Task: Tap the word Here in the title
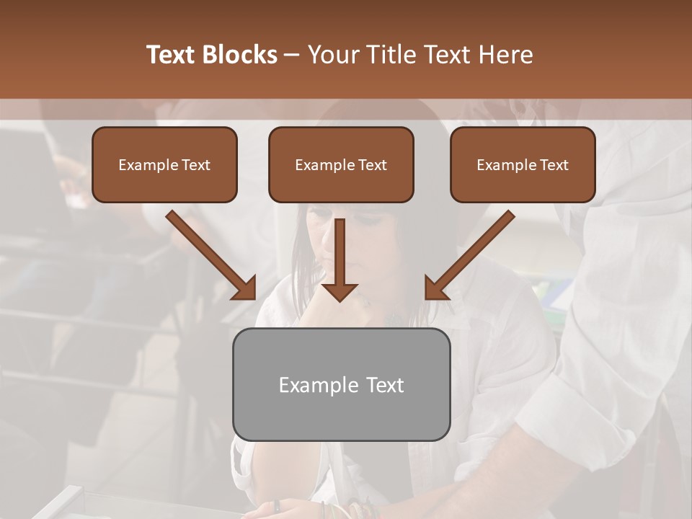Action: pyautogui.click(x=506, y=55)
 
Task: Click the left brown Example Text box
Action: pyautogui.click(x=164, y=165)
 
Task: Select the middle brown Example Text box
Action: pyautogui.click(x=341, y=165)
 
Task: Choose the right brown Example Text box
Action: pyautogui.click(x=523, y=165)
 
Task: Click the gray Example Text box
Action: pyautogui.click(x=341, y=384)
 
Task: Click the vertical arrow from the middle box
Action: pyautogui.click(x=340, y=256)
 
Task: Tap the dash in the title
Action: pyautogui.click(x=292, y=55)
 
